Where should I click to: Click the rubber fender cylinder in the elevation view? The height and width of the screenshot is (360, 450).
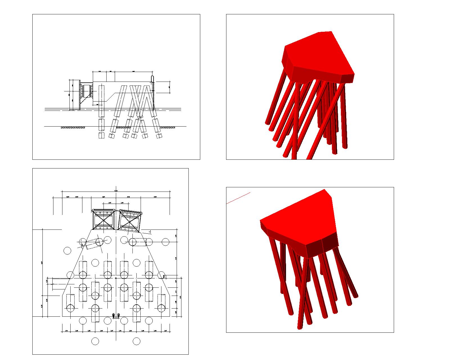(86, 91)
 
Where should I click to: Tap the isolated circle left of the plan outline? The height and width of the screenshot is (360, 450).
(67, 251)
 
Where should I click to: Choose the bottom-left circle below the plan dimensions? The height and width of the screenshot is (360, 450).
(95, 341)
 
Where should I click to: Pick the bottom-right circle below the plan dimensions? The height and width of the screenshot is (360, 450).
(136, 341)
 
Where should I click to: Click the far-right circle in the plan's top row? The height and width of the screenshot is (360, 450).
(165, 242)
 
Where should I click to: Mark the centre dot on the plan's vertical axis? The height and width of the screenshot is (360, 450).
(116, 278)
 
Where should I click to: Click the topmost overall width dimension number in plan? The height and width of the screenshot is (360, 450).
(116, 191)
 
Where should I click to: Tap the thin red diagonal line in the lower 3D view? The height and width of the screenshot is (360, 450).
(238, 198)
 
